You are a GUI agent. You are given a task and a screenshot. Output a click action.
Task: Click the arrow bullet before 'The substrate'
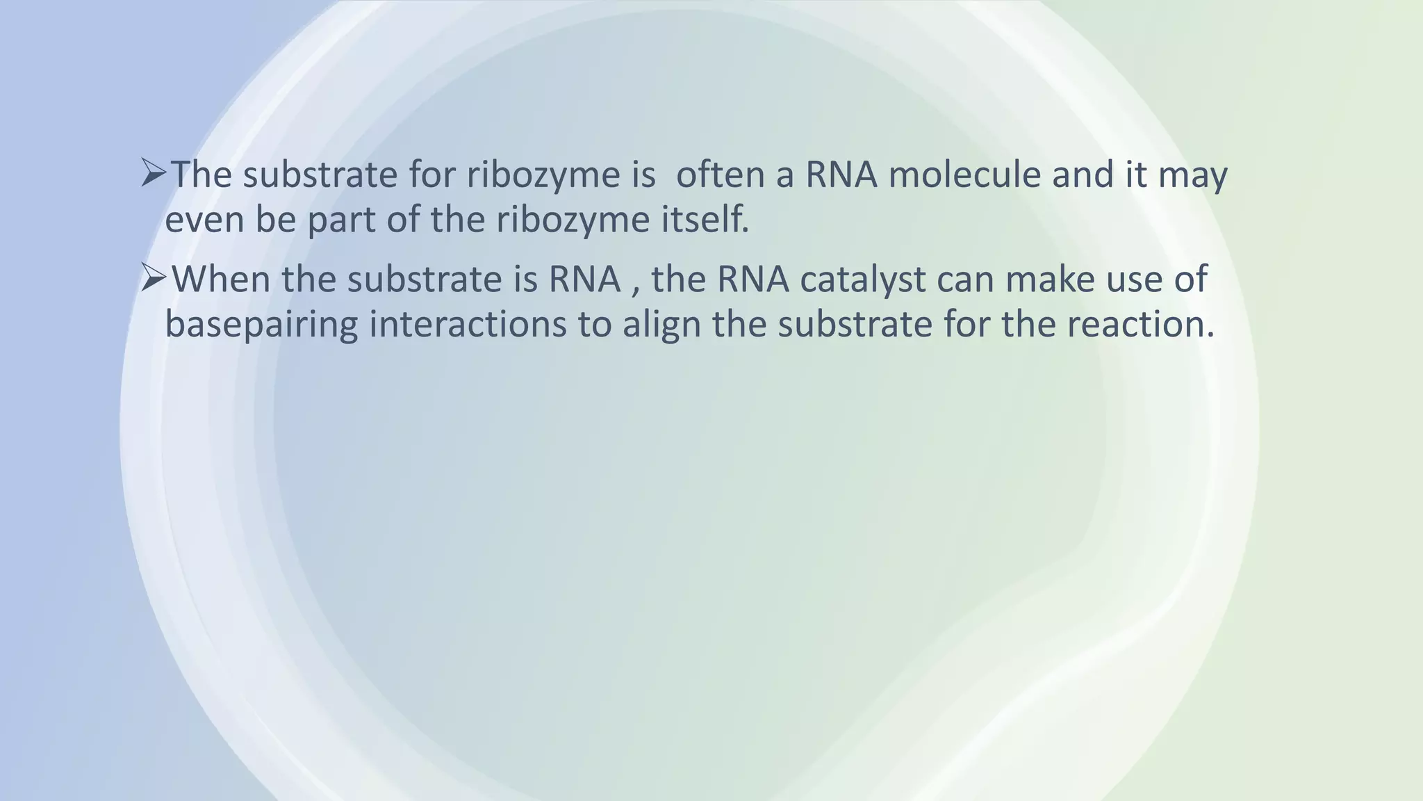pyautogui.click(x=154, y=173)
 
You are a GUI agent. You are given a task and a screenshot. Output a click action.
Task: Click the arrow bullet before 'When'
pyautogui.click(x=154, y=278)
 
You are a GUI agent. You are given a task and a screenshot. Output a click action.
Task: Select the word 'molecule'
pyautogui.click(x=964, y=174)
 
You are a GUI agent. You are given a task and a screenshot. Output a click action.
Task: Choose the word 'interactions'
pyautogui.click(x=468, y=324)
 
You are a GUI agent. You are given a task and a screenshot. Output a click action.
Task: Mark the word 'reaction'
pyautogui.click(x=1140, y=324)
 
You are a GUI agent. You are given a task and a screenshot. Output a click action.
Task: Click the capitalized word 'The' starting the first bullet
pyautogui.click(x=201, y=174)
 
